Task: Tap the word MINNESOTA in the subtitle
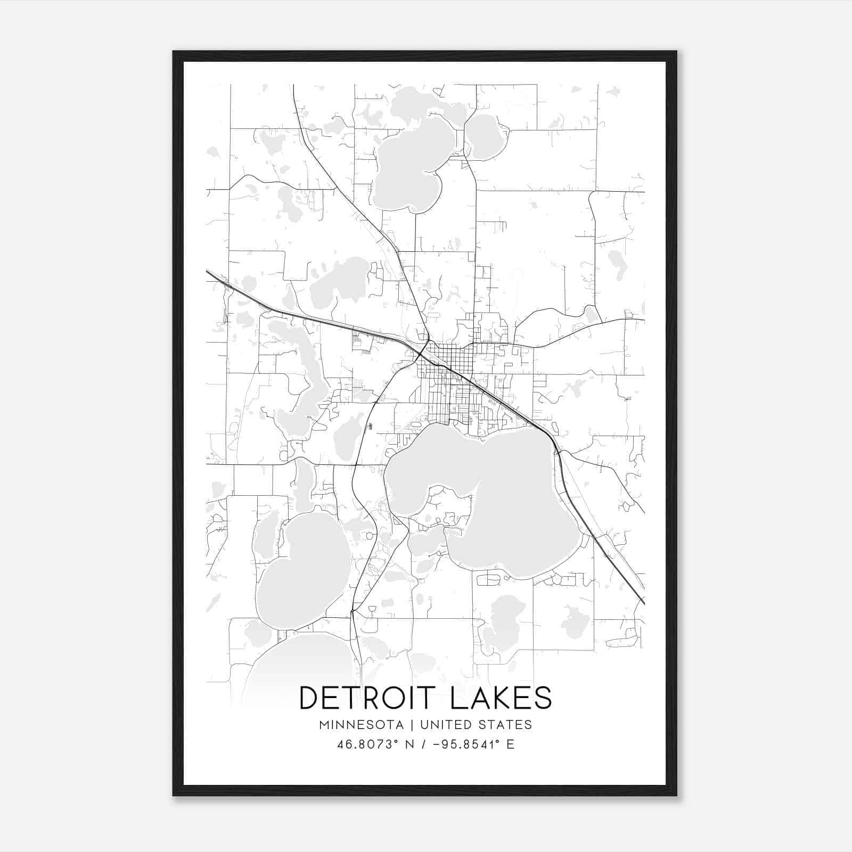tap(362, 725)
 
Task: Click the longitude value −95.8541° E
tap(474, 744)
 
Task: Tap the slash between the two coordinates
tap(423, 744)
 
